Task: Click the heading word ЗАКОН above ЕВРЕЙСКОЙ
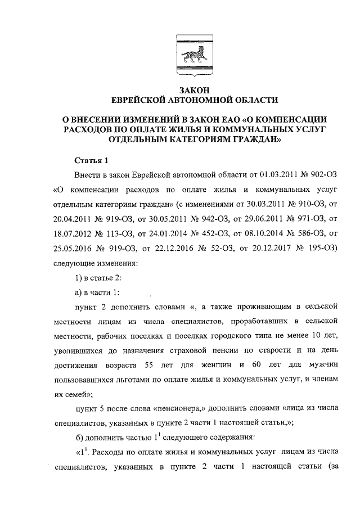pos(194,90)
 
